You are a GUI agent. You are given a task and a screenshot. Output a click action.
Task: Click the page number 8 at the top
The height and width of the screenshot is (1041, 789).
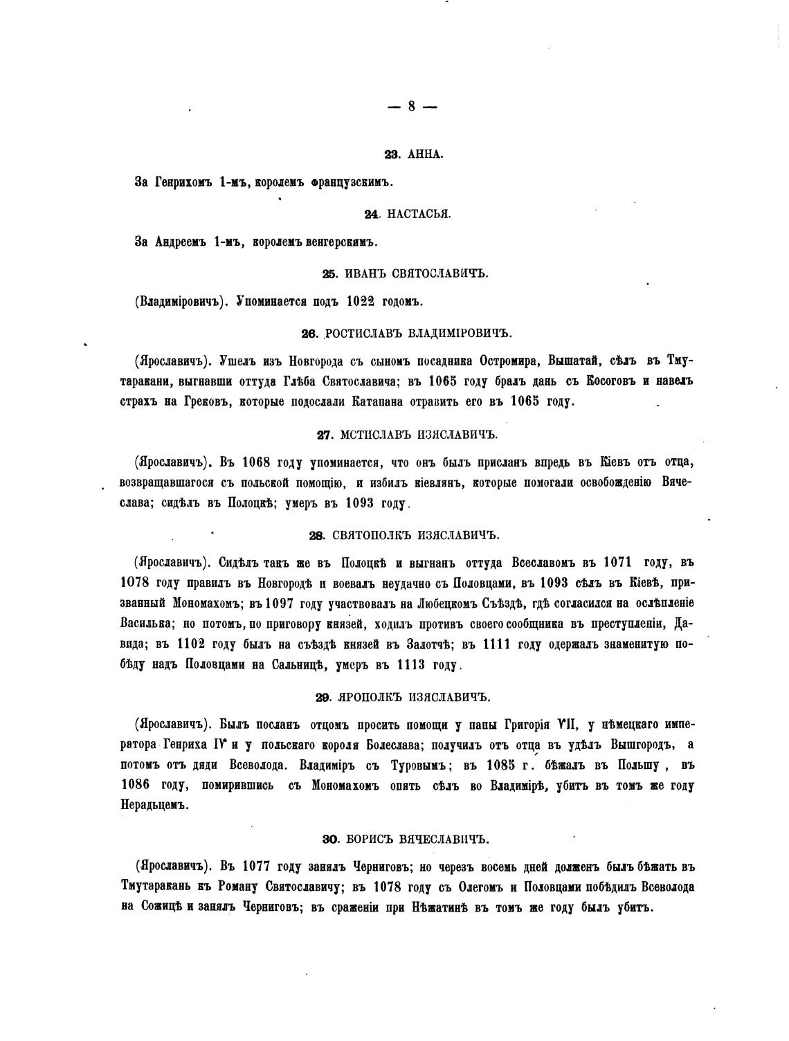tap(412, 106)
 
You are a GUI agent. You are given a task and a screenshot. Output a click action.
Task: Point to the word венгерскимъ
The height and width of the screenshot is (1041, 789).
tap(340, 243)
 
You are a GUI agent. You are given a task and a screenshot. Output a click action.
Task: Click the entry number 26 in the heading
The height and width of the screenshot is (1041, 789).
tap(309, 334)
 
